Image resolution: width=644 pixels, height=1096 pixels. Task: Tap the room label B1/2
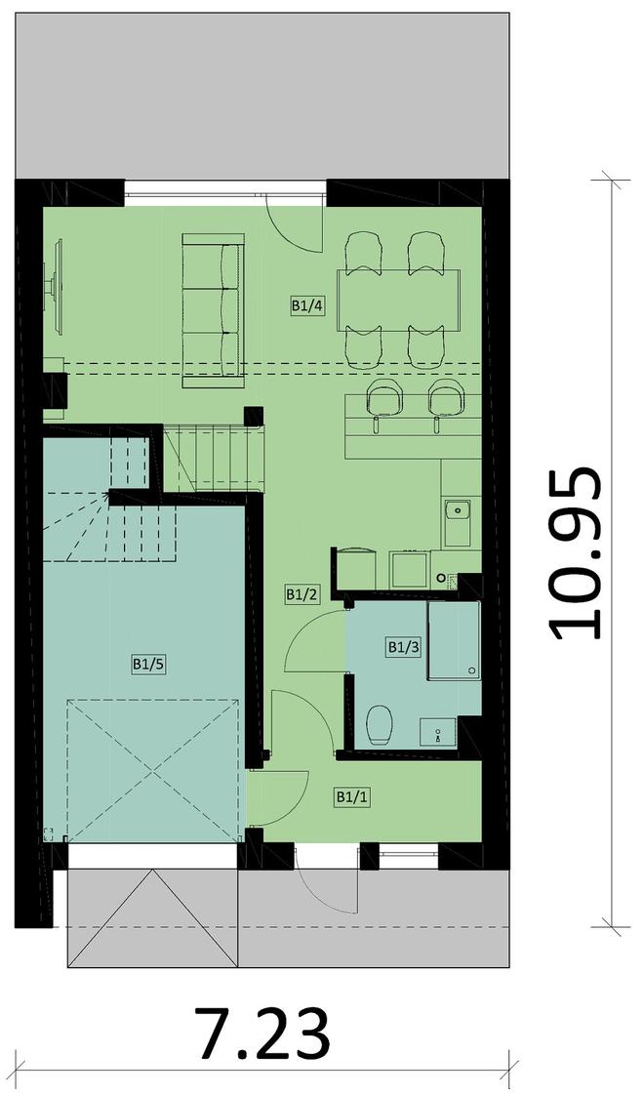(302, 594)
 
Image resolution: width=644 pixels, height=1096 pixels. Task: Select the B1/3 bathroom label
(404, 647)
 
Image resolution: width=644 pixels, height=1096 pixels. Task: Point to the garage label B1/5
(148, 664)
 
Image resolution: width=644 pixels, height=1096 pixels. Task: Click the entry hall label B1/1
(352, 796)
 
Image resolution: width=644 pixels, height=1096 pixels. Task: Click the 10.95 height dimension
(575, 553)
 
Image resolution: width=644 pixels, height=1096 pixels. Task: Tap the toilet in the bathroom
(380, 725)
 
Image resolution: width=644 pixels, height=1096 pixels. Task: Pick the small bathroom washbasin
(438, 732)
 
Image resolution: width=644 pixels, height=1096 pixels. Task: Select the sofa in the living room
(213, 311)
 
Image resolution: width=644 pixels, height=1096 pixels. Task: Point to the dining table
(399, 301)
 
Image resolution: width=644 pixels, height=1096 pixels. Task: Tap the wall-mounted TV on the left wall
(55, 285)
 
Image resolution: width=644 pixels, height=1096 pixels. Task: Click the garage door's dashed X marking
(153, 770)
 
